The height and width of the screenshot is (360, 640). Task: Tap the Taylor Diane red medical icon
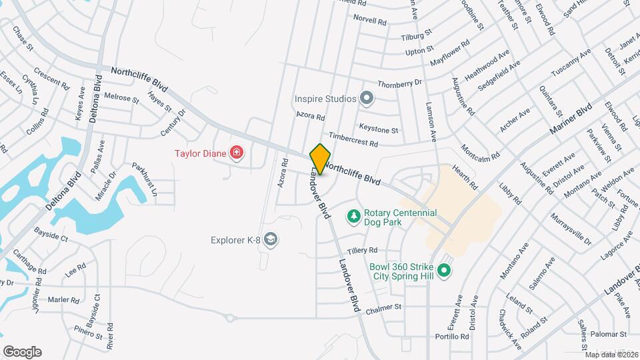[x=236, y=154]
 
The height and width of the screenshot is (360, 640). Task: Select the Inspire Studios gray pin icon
[x=366, y=99]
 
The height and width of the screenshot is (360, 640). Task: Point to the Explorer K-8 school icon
[x=270, y=239]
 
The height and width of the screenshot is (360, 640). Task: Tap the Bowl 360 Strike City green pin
[x=445, y=271]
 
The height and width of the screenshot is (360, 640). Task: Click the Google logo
[x=22, y=351]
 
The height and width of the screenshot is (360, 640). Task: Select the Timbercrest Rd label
[x=353, y=139]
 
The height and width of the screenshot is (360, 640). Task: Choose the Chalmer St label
[x=383, y=307]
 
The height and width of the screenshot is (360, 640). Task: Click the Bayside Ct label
[x=51, y=237]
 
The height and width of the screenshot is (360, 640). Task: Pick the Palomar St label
[x=609, y=333]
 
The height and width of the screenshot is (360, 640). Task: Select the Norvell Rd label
[x=370, y=21]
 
